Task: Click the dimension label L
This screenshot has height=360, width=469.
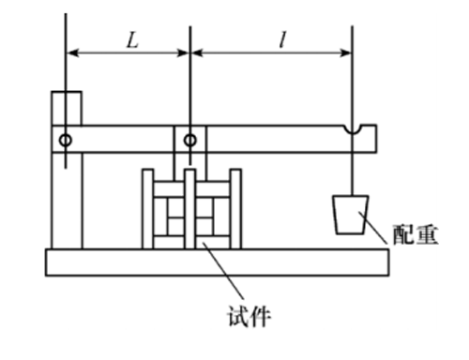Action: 132,40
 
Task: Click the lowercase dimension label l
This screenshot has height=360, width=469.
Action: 282,40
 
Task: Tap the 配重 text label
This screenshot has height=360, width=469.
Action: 416,234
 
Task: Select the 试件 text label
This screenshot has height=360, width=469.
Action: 249,316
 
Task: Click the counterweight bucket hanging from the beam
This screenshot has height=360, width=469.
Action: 351,215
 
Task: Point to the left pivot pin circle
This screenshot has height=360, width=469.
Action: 66,141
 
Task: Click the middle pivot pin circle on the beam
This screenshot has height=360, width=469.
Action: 190,141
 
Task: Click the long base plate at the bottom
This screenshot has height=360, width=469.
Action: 218,262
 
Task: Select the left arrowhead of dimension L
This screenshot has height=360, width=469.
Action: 72,53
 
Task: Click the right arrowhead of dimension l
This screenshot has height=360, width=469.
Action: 345,53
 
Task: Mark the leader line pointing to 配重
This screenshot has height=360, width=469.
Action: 373,228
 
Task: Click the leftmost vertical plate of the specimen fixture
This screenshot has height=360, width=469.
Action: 147,209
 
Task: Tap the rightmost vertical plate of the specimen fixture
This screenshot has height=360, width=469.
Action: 235,209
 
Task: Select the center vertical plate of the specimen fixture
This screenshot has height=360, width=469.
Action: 190,209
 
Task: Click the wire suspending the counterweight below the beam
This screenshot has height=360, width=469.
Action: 353,173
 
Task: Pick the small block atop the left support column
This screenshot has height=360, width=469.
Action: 67,108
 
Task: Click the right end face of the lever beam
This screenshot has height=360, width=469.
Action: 376,139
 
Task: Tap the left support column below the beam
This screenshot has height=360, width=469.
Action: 67,201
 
